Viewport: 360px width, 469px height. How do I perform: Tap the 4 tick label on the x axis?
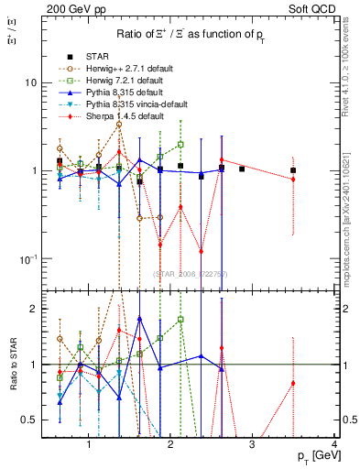[334, 445]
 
